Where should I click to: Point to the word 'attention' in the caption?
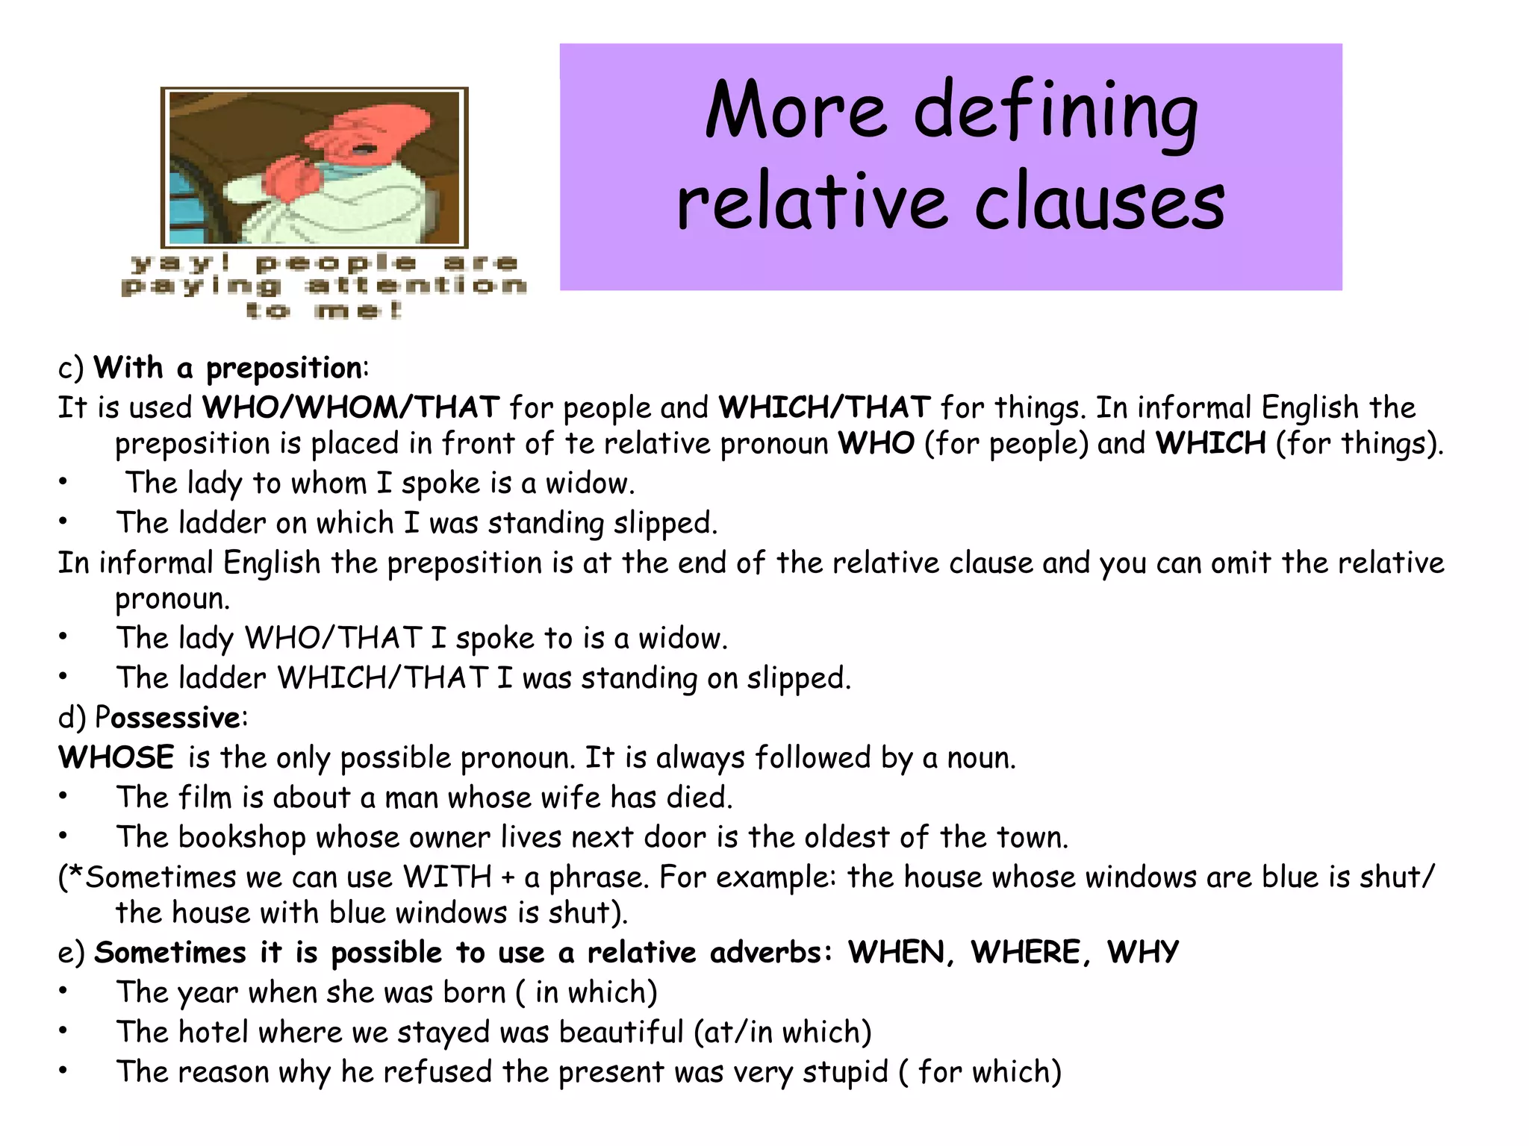click(416, 286)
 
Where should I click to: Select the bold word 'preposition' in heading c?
click(284, 369)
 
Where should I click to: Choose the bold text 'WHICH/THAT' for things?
click(824, 407)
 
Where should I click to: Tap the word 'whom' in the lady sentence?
click(328, 483)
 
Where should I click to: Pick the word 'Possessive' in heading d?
click(167, 718)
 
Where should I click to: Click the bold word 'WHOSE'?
click(116, 757)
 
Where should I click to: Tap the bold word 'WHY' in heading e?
click(1142, 953)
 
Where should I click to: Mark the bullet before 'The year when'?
click(64, 992)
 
